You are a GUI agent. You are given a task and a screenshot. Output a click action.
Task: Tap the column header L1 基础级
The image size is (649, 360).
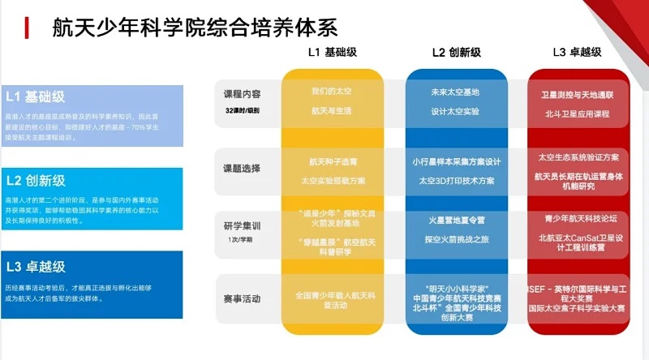pyautogui.click(x=333, y=52)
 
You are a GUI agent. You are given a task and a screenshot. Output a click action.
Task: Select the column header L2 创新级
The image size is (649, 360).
pyautogui.click(x=457, y=52)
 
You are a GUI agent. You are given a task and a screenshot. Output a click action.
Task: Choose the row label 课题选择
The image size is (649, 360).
pyautogui.click(x=242, y=169)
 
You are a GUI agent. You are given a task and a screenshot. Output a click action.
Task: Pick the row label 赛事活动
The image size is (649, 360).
pyautogui.click(x=242, y=299)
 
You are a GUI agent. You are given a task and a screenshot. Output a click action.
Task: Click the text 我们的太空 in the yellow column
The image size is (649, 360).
pyautogui.click(x=333, y=92)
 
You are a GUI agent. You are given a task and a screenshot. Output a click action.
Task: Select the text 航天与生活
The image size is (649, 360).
pyautogui.click(x=333, y=110)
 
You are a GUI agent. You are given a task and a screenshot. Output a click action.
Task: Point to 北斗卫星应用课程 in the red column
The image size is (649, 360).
pyautogui.click(x=579, y=114)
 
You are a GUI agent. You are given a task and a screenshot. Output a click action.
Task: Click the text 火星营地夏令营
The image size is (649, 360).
pyautogui.click(x=458, y=220)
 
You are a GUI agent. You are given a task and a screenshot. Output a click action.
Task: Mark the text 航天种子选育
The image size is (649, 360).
pyautogui.click(x=333, y=161)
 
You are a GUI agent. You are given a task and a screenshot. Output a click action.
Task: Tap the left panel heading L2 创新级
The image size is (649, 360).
pyautogui.click(x=37, y=180)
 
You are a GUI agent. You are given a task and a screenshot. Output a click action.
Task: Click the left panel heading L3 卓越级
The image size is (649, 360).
pyautogui.click(x=37, y=266)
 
